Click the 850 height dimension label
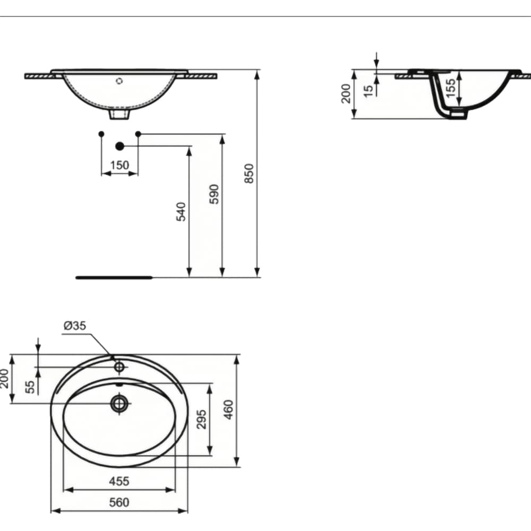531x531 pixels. [249, 174]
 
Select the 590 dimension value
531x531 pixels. [214, 194]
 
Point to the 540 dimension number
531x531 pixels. [181, 212]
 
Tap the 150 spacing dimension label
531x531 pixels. [119, 165]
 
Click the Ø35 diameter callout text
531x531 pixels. [75, 326]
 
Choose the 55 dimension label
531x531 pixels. [30, 387]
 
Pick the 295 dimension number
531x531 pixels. [201, 419]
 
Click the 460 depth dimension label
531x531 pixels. [229, 410]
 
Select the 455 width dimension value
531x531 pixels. [119, 481]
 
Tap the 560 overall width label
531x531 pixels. [119, 502]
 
